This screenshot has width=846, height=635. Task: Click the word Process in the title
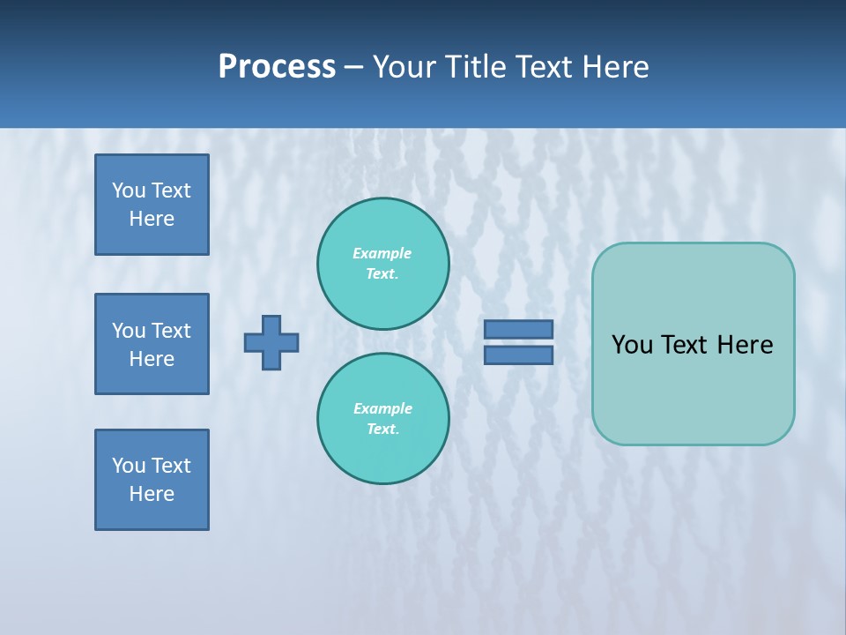277,67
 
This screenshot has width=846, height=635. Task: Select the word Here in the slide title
613,67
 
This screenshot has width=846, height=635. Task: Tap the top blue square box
152,205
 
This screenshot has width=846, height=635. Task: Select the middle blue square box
152,344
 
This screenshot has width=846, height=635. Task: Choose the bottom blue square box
152,480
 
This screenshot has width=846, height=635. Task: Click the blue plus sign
271,342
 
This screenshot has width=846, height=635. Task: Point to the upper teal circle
383,263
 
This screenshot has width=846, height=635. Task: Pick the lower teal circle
383,418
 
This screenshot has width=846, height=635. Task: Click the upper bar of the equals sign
519,329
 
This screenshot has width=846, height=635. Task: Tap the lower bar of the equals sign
519,355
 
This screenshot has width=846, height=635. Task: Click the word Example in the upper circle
382,253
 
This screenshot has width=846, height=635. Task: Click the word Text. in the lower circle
382,429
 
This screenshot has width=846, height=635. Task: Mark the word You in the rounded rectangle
632,345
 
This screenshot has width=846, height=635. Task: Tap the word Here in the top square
152,219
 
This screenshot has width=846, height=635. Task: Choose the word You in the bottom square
129,466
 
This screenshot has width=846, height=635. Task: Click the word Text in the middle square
171,331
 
